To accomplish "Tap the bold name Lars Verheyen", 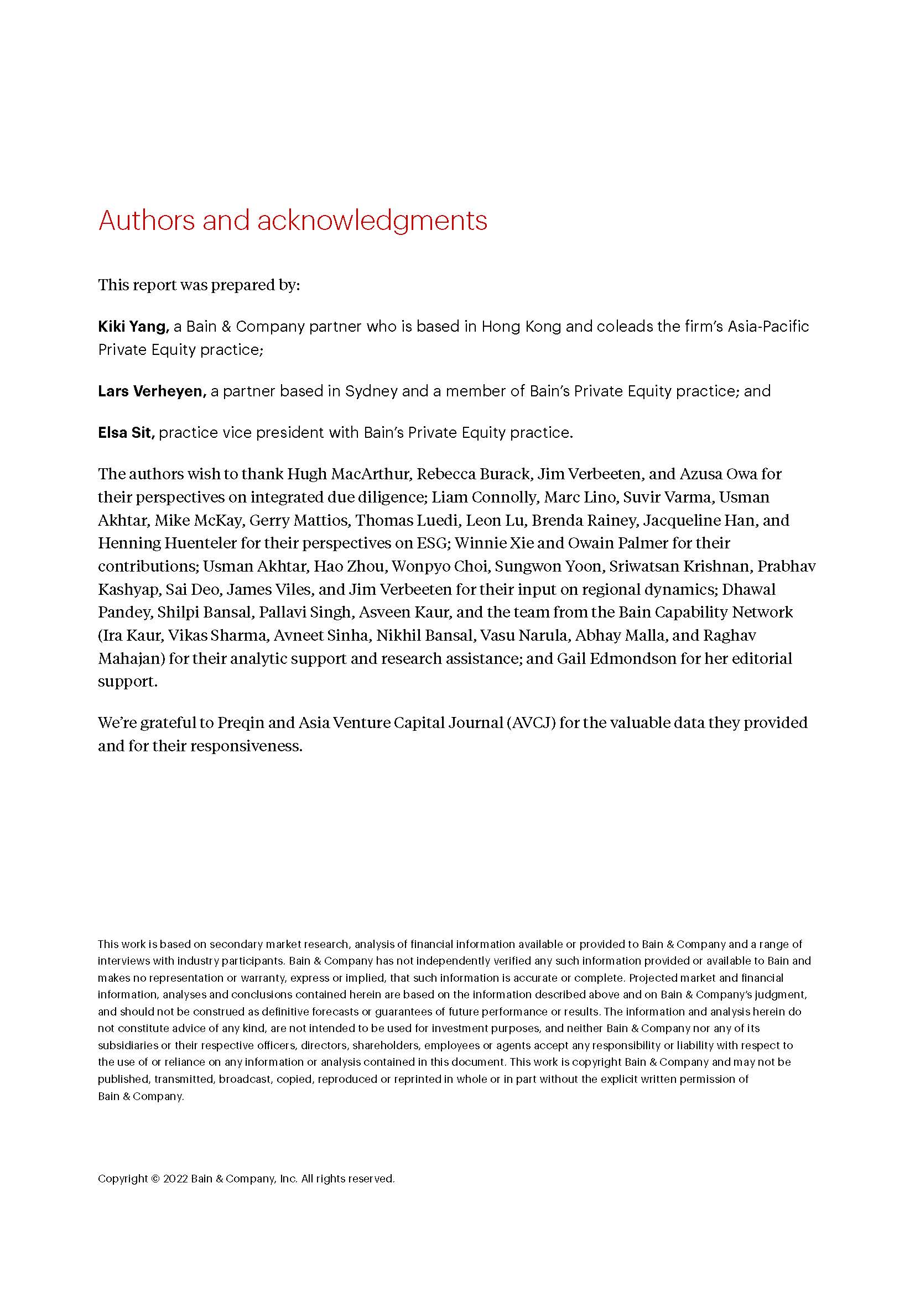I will pyautogui.click(x=151, y=391).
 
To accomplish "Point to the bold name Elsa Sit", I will pyautogui.click(x=126, y=432).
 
